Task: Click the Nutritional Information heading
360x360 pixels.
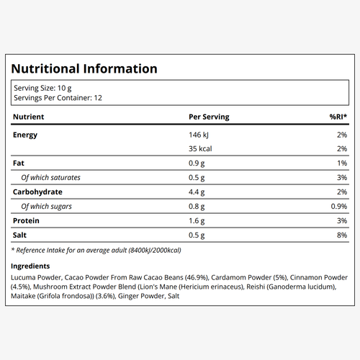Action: pyautogui.click(x=84, y=68)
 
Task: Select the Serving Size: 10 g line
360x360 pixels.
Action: pyautogui.click(x=42, y=89)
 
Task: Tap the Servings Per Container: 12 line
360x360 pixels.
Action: pyautogui.click(x=58, y=98)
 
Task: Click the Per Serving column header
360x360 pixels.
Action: pyautogui.click(x=209, y=117)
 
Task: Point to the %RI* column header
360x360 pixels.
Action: pyautogui.click(x=338, y=117)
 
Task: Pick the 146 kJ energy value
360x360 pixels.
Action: pyautogui.click(x=199, y=135)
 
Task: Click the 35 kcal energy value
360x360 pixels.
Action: pyautogui.click(x=200, y=149)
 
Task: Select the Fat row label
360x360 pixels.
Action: pyautogui.click(x=19, y=163)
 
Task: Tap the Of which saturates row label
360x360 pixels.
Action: pyautogui.click(x=50, y=178)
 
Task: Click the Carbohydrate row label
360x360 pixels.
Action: pyautogui.click(x=37, y=192)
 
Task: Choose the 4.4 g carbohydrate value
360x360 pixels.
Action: pyautogui.click(x=197, y=192)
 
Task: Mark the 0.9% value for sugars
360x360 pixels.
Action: pyautogui.click(x=339, y=207)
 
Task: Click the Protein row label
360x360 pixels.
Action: pyautogui.click(x=26, y=221)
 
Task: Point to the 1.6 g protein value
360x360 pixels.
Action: pyautogui.click(x=197, y=221)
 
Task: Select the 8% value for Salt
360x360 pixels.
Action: pyautogui.click(x=342, y=235)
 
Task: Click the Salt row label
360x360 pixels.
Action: pyautogui.click(x=19, y=235)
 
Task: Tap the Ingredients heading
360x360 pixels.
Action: pyautogui.click(x=30, y=266)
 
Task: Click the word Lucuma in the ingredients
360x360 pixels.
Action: pyautogui.click(x=23, y=278)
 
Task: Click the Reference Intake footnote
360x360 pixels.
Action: pyautogui.click(x=96, y=251)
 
